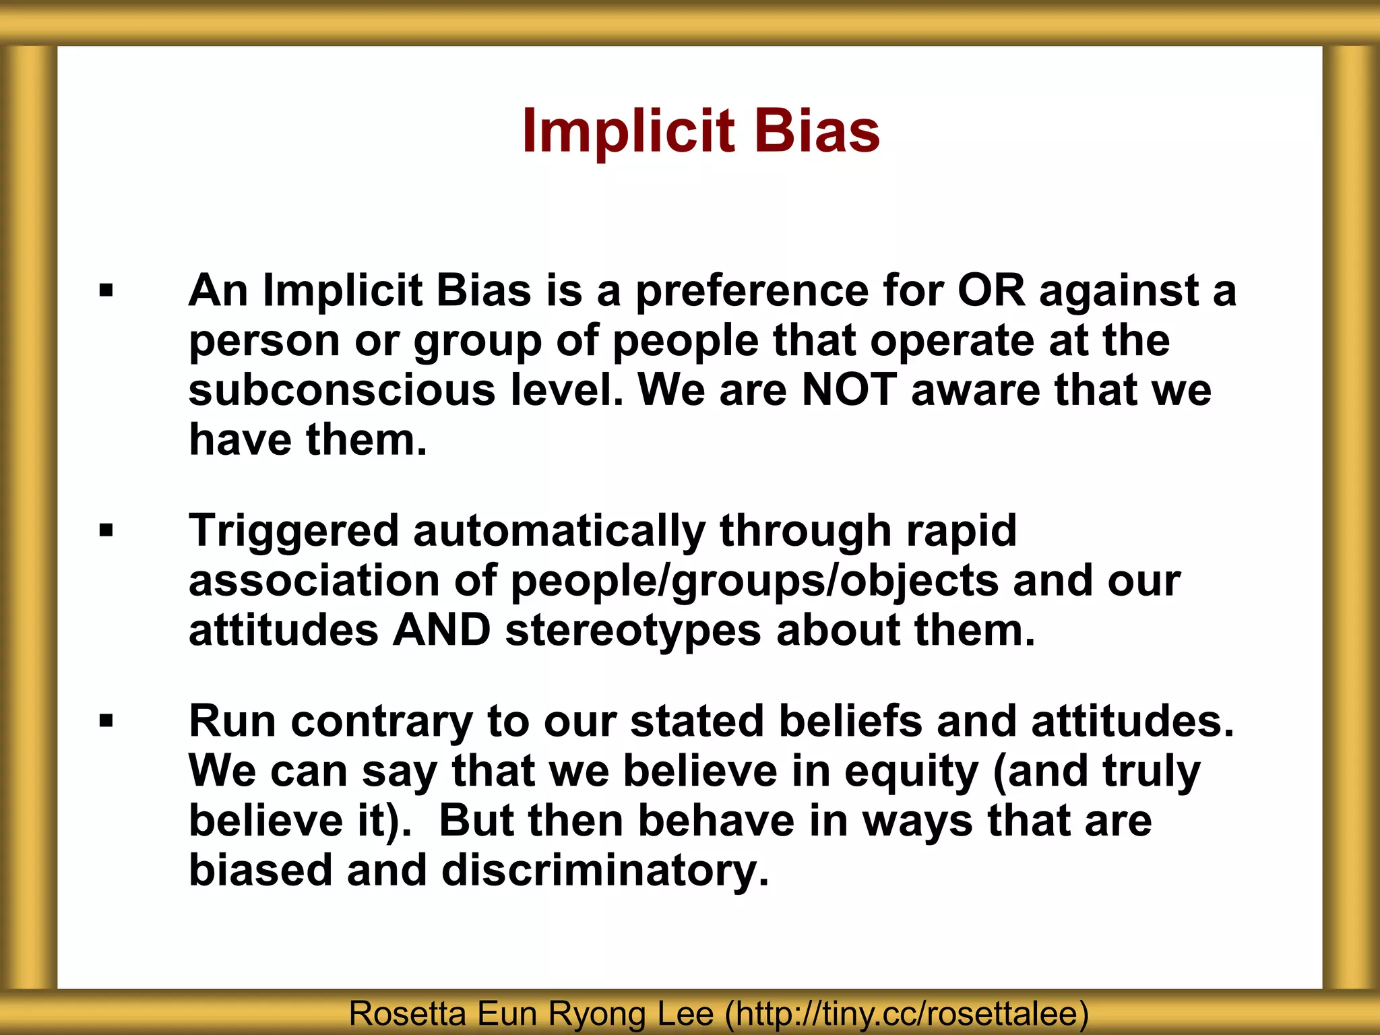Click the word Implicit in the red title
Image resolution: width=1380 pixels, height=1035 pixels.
(627, 131)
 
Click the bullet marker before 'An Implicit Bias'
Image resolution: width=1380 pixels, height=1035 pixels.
(106, 291)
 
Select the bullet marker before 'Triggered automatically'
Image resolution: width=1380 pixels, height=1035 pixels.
(106, 531)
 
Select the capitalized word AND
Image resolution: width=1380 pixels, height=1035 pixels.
(442, 631)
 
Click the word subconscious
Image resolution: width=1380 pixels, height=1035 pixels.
(342, 390)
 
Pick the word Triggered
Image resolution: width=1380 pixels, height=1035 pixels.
(293, 531)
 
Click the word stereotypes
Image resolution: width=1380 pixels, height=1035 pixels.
(633, 631)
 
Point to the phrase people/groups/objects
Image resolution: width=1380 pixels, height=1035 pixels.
(755, 581)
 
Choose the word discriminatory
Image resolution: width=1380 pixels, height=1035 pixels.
(604, 871)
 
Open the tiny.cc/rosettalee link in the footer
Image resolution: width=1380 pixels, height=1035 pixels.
(907, 1014)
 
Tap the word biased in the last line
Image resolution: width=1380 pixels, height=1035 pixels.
(261, 871)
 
